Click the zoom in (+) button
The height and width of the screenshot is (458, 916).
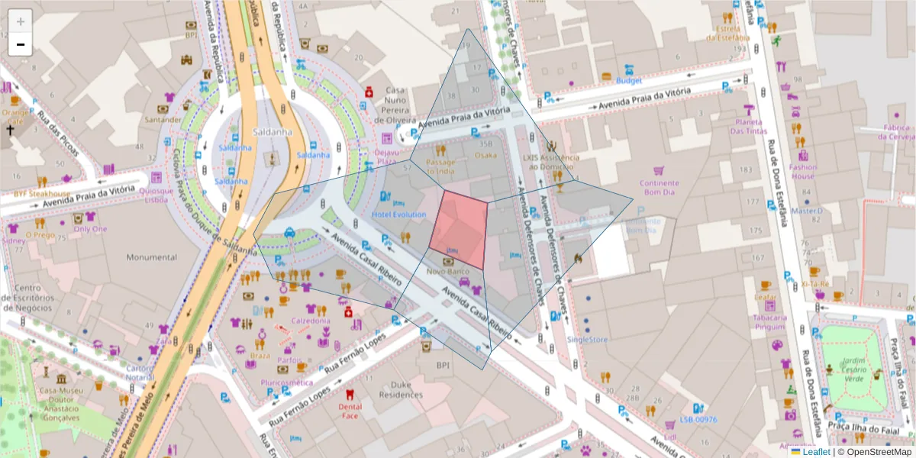[21, 21]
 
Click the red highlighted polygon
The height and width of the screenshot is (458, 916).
[459, 229]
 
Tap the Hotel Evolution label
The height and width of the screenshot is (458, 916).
[398, 214]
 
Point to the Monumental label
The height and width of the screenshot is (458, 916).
[151, 257]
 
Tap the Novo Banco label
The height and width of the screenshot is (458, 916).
[447, 271]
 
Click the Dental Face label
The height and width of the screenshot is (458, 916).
[350, 411]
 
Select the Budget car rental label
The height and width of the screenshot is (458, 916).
[629, 80]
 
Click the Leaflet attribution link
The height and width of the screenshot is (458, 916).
[815, 452]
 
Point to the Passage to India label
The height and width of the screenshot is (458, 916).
[440, 166]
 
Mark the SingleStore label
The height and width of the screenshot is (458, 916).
[588, 339]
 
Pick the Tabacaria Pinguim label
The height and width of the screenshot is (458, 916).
[769, 321]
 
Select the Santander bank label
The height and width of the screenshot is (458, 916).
[167, 119]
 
